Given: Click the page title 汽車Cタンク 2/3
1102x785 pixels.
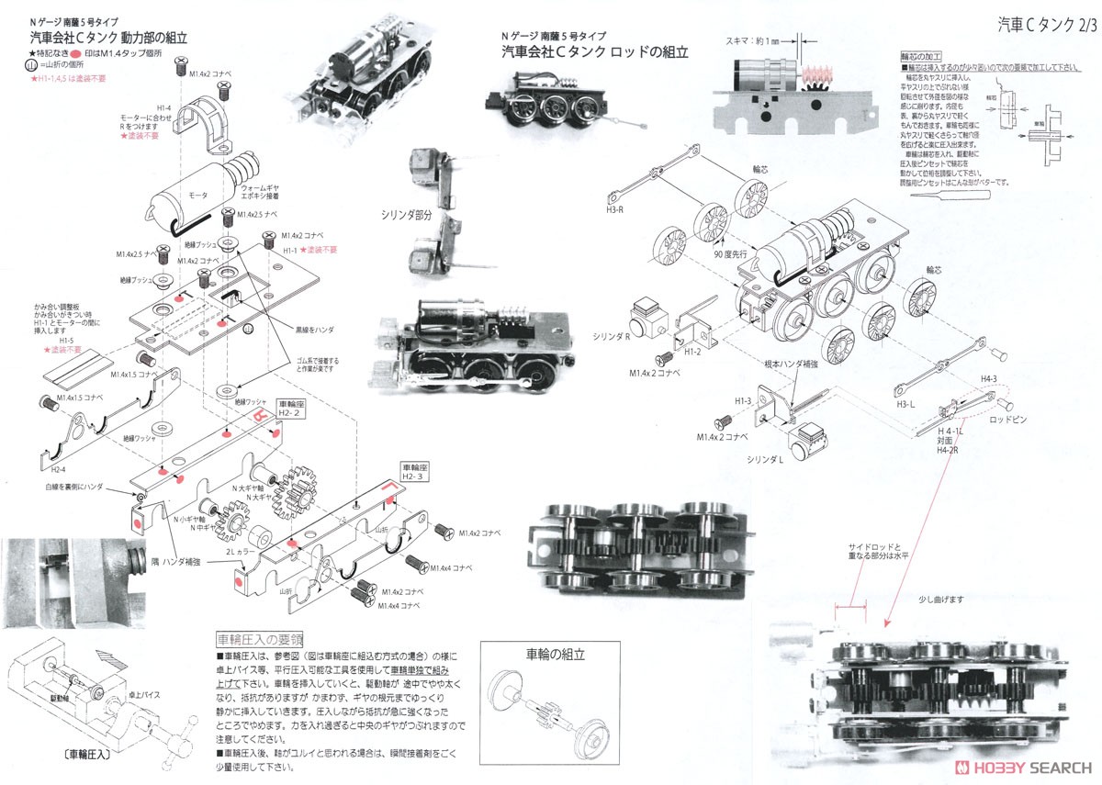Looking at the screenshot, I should (x=1046, y=24).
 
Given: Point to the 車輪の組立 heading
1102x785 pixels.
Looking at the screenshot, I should (x=555, y=656).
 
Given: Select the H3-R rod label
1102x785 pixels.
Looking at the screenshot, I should (x=616, y=209).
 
